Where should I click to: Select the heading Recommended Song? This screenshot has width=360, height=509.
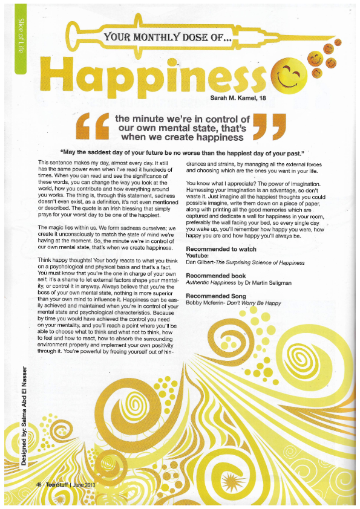(x=215, y=296)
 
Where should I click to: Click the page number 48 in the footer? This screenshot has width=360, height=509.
(x=39, y=485)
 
